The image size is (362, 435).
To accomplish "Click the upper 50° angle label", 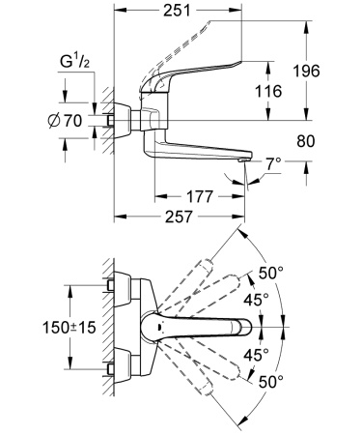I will [273, 273].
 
